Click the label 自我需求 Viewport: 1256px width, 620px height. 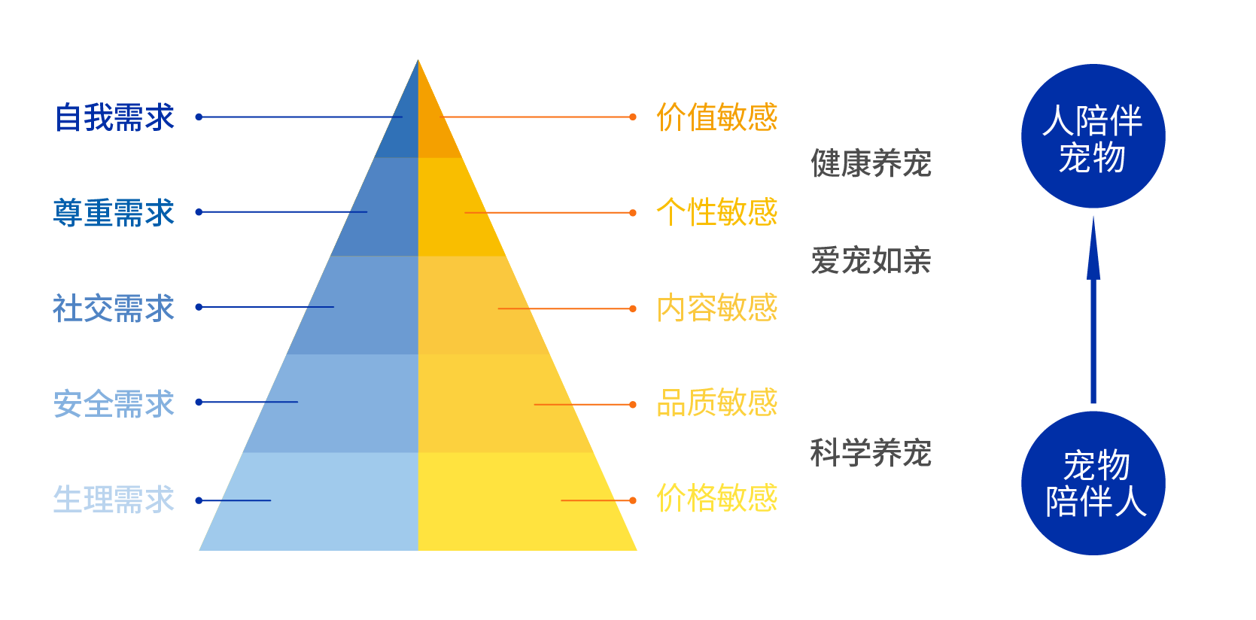pos(114,117)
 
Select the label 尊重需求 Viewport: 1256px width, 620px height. pos(114,213)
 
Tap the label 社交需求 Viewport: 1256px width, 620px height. pos(114,308)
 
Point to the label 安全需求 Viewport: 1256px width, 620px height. pos(114,403)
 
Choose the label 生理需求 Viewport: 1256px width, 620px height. pos(114,499)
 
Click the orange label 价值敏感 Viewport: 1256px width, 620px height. pos(717,117)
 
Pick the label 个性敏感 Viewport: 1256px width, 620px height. pos(717,212)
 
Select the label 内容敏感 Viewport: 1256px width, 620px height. pos(717,308)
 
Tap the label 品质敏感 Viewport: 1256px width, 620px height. pos(717,403)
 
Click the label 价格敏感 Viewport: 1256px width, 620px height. pos(717,498)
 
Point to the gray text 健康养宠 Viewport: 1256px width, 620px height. pos(871,164)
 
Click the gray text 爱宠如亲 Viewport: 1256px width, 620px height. pos(871,260)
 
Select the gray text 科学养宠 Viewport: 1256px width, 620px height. pos(871,453)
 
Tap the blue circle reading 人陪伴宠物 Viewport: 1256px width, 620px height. pos(1093,136)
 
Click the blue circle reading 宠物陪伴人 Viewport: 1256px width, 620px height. pos(1093,483)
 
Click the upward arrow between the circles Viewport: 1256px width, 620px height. pos(1093,309)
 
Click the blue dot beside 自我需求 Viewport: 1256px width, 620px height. pos(199,117)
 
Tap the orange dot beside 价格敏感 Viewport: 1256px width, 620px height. pos(632,500)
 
